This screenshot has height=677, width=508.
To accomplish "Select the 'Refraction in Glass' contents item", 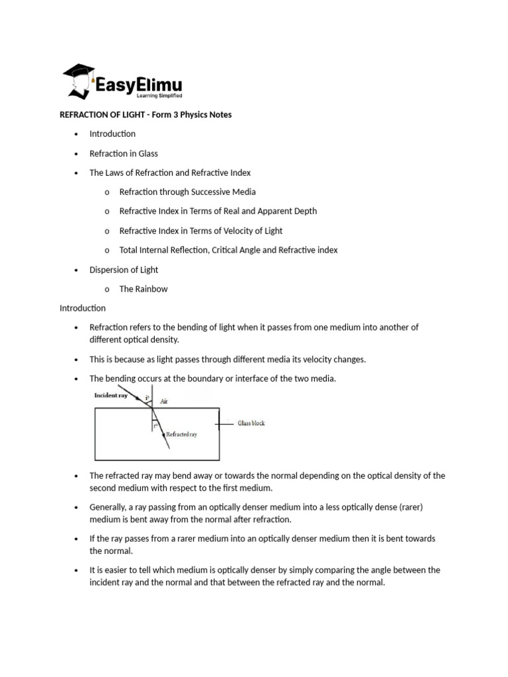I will (x=124, y=153).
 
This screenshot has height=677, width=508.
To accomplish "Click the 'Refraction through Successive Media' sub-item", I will (x=187, y=192).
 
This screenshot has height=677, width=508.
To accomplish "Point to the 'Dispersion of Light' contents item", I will (x=124, y=270).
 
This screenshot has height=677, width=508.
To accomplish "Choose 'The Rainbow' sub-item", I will (x=144, y=289).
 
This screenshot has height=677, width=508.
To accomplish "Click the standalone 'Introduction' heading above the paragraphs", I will (x=83, y=308).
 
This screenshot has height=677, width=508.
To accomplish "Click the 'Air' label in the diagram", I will (x=164, y=401).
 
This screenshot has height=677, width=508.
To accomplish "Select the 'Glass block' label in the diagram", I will (x=251, y=423).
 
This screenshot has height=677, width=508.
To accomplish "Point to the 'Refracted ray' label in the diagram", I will (x=181, y=434).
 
